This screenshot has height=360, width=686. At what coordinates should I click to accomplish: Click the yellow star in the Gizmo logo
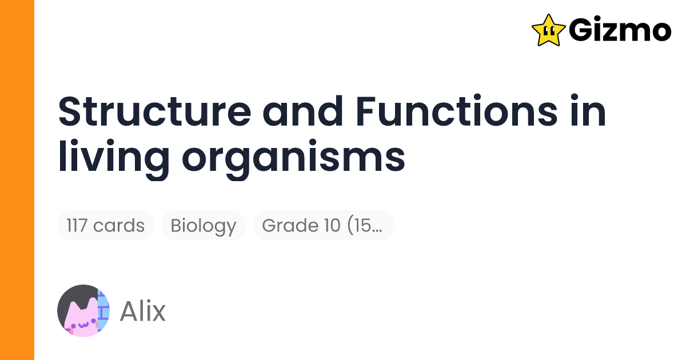click(x=548, y=30)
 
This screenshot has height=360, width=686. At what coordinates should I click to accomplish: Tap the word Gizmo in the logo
click(x=620, y=30)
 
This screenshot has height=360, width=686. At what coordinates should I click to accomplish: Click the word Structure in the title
click(x=154, y=113)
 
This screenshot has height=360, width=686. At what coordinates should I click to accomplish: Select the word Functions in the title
click(x=456, y=113)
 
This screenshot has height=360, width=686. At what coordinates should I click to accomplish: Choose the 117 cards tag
click(x=106, y=226)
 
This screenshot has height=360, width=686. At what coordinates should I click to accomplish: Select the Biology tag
click(x=204, y=226)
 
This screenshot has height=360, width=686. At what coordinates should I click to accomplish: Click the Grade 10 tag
click(x=324, y=226)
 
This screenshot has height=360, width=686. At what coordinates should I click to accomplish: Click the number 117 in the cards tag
click(x=77, y=226)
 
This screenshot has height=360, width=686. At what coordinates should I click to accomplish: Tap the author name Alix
click(x=142, y=311)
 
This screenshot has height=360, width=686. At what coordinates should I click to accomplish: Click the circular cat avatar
click(x=83, y=311)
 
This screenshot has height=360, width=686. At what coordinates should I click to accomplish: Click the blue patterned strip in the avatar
click(x=103, y=311)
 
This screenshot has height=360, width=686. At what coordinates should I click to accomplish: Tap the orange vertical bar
click(x=17, y=180)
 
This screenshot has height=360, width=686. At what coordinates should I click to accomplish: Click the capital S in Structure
click(x=70, y=113)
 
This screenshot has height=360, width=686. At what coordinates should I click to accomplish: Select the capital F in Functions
click(x=366, y=113)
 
